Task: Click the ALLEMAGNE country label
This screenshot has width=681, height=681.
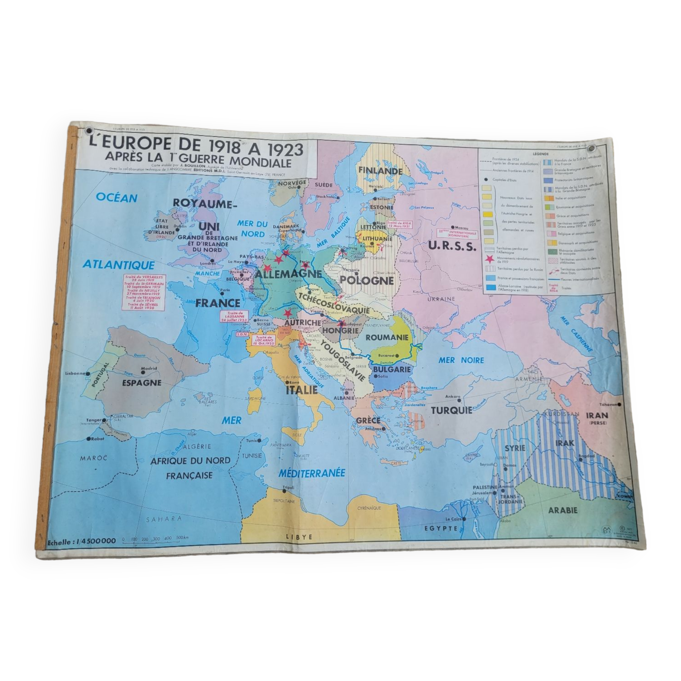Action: [288, 274]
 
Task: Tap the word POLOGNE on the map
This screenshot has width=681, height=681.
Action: [367, 281]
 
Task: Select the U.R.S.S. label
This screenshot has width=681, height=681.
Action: [452, 246]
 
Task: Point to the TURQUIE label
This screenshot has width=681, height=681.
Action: [452, 410]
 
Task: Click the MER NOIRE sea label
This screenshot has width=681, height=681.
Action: [461, 360]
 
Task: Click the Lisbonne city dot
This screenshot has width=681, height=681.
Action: [88, 374]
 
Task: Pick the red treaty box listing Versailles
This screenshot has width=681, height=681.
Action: [143, 292]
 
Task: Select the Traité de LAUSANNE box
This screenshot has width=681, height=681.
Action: [234, 317]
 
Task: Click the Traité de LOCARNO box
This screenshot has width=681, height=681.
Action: [263, 340]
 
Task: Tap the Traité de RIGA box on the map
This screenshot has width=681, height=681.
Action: [399, 224]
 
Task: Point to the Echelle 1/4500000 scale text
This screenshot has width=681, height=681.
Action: [81, 541]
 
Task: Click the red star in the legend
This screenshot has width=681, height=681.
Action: [490, 259]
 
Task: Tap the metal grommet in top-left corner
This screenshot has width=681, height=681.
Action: [89, 131]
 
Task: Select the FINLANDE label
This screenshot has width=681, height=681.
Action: [380, 171]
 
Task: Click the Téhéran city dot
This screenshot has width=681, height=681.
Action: [619, 405]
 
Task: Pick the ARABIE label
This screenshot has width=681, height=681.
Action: [563, 510]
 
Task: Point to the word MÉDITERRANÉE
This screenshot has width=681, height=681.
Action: [312, 473]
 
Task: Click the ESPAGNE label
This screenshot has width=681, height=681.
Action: [142, 383]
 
